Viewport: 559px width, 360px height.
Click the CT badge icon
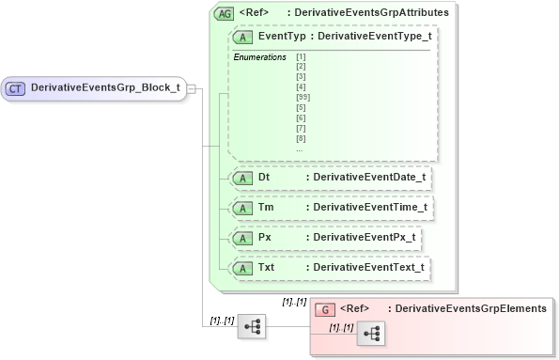[16, 87]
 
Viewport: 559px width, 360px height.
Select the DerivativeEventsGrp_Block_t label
[105, 87]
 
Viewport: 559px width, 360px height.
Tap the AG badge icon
[225, 13]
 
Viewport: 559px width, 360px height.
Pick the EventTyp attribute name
[281, 36]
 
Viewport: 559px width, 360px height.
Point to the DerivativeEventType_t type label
[373, 36]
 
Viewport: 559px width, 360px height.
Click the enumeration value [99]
[302, 98]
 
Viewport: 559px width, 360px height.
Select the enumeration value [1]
[300, 57]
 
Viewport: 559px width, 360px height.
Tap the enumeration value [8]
[300, 138]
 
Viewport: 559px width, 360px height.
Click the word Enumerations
[259, 57]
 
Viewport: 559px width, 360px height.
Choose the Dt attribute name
[264, 176]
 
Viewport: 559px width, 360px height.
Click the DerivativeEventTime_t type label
[369, 207]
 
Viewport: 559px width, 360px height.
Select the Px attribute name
[265, 238]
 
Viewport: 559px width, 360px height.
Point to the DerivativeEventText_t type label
[368, 268]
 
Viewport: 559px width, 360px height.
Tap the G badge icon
[324, 308]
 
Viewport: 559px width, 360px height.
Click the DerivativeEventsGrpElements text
[471, 308]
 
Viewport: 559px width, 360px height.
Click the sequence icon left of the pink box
[253, 326]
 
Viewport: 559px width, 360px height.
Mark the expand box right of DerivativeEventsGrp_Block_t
[191, 87]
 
